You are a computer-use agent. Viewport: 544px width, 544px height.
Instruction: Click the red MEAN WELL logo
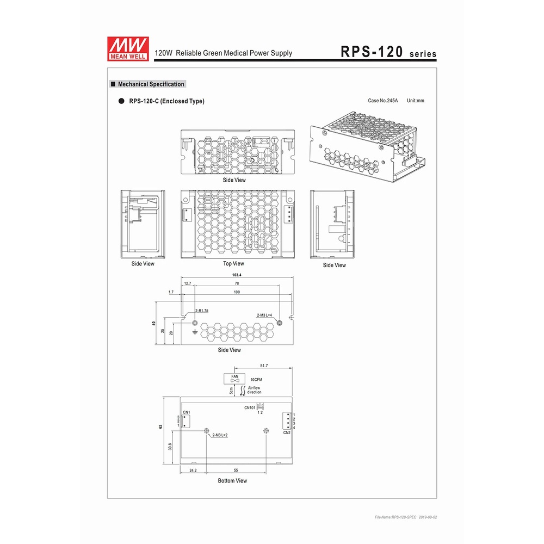(x=128, y=49)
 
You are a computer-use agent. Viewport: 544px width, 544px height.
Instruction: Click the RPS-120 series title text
(x=388, y=52)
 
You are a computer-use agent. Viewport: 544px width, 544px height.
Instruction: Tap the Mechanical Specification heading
(x=151, y=84)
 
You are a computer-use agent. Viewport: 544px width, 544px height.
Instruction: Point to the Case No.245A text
(x=382, y=101)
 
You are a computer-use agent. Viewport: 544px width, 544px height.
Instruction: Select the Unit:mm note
(x=415, y=101)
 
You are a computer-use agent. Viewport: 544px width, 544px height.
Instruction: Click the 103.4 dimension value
(x=237, y=275)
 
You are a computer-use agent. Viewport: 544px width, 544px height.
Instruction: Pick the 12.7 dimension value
(x=187, y=283)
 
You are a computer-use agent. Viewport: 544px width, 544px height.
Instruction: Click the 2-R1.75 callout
(x=202, y=311)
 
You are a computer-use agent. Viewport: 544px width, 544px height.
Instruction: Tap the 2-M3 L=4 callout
(x=264, y=315)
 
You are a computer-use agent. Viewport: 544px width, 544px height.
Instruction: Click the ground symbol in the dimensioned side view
(x=195, y=332)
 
